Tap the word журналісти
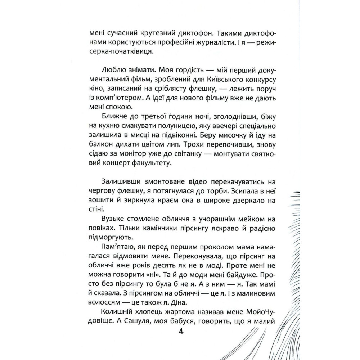tap(210, 42)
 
